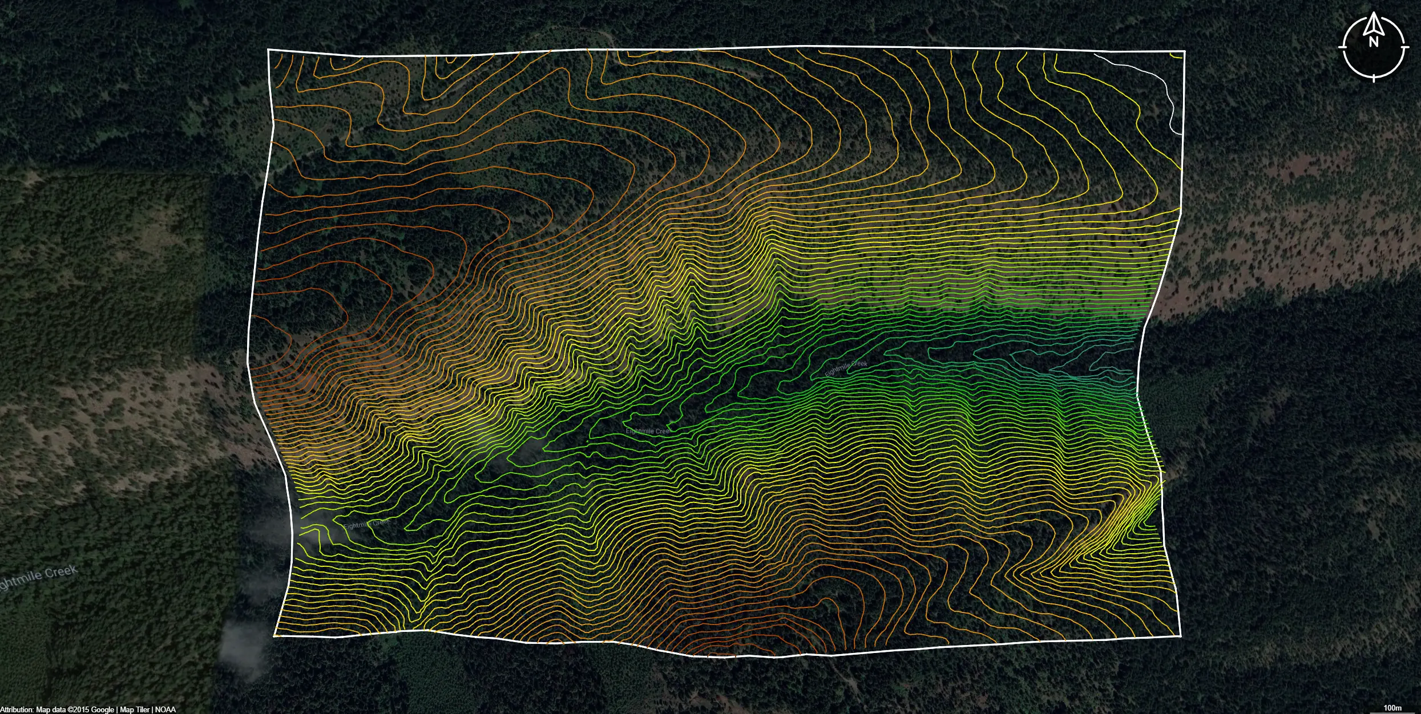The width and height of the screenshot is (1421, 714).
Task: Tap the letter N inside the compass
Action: click(1374, 42)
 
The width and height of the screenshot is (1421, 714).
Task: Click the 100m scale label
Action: click(1392, 708)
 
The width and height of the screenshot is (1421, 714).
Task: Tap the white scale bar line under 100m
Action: click(1392, 712)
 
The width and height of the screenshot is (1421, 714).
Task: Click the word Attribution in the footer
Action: click(17, 710)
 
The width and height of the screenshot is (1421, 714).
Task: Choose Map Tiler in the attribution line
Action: click(135, 710)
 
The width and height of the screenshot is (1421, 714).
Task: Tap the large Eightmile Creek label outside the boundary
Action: click(37, 578)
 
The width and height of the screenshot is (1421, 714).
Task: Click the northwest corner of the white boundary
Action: click(269, 50)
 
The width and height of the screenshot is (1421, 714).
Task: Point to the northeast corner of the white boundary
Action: click(1184, 51)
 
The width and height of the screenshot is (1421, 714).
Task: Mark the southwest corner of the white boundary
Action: click(275, 635)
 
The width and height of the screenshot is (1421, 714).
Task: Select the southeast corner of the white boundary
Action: click(1180, 635)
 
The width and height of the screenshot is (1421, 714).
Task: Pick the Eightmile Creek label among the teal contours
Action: click(846, 368)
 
